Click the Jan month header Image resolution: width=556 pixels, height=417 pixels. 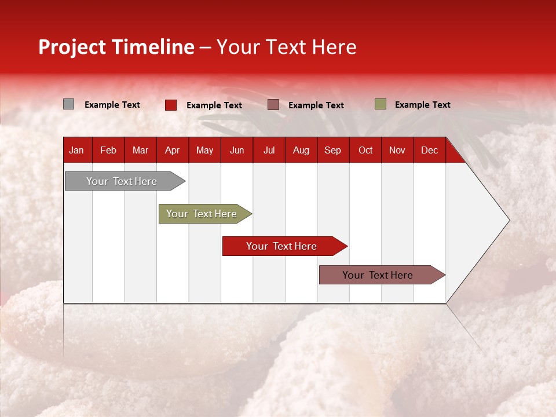pyautogui.click(x=76, y=151)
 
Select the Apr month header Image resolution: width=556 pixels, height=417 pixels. pyautogui.click(x=172, y=151)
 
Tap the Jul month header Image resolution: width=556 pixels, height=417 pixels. pyautogui.click(x=269, y=151)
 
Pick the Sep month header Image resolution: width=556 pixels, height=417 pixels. pyautogui.click(x=332, y=151)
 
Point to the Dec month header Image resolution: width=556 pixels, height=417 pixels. pyautogui.click(x=429, y=151)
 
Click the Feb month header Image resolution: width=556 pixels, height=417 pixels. pyautogui.click(x=108, y=151)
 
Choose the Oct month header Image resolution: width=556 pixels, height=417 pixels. pyautogui.click(x=365, y=151)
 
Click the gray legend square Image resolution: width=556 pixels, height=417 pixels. pyautogui.click(x=68, y=104)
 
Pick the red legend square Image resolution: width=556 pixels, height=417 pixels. pyautogui.click(x=171, y=105)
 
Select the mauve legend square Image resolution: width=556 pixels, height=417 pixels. pyautogui.click(x=273, y=105)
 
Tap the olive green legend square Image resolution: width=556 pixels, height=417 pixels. pyautogui.click(x=380, y=104)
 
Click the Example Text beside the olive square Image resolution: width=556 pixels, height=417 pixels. pyautogui.click(x=422, y=105)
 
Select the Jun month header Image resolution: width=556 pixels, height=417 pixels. pyautogui.click(x=237, y=151)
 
